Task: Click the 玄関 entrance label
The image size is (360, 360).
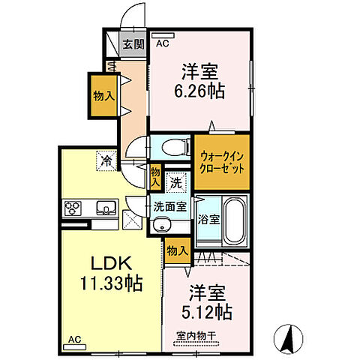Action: (x=133, y=43)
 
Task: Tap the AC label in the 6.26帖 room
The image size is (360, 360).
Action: (x=162, y=43)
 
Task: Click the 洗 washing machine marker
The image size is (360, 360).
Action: (x=174, y=180)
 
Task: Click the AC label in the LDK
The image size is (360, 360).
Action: (x=75, y=339)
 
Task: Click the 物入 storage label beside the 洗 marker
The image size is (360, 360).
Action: (x=155, y=175)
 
